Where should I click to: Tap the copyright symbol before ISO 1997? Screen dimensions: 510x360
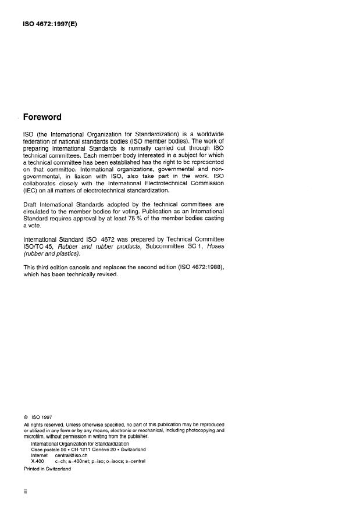tap(26, 416)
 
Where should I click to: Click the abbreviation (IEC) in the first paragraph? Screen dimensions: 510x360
tap(30, 190)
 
